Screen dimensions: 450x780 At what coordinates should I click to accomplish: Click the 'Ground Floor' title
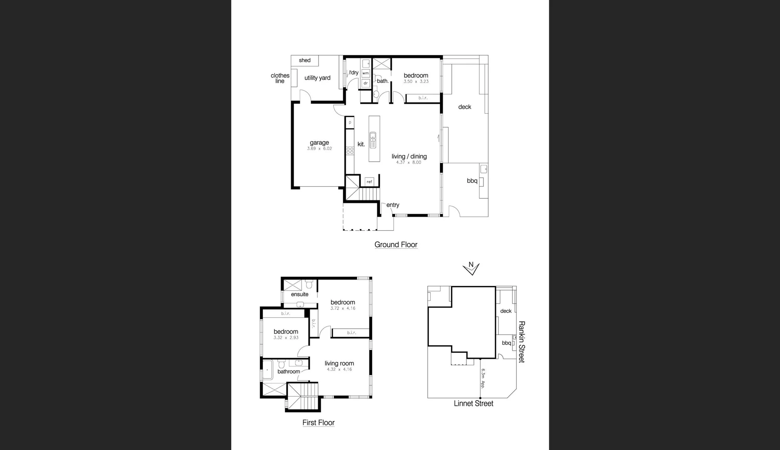coord(396,245)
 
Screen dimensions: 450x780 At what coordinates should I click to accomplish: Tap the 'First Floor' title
coord(319,422)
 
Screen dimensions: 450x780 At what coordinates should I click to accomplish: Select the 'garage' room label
coord(319,142)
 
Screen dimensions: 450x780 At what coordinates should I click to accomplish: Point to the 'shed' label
coord(305,60)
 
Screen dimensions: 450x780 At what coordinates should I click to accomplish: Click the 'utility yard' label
coord(317,78)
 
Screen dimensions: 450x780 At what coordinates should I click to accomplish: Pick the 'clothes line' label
coord(280,78)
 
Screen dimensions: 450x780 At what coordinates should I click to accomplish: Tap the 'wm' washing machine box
coord(366,73)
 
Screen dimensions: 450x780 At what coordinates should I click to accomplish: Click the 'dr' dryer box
coord(366,83)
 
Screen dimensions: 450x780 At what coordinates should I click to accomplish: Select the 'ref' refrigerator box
coord(369,182)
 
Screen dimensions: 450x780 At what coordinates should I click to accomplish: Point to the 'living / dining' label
coord(409,156)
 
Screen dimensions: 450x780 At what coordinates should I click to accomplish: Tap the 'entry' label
coord(393,205)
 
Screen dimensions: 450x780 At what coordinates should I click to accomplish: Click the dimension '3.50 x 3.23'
coord(416,82)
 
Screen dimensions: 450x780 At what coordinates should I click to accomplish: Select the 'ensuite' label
coord(300,294)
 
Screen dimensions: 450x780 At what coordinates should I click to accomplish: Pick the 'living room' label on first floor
coord(339,363)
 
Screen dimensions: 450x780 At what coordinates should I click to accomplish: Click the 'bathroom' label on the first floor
coord(289,372)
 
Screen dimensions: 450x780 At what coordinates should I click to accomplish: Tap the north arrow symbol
coord(471,268)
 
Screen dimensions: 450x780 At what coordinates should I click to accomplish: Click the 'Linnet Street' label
coord(473,403)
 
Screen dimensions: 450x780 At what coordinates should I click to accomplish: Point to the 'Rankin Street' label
coord(521,342)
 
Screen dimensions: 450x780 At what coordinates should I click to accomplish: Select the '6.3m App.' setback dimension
coord(483,378)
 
